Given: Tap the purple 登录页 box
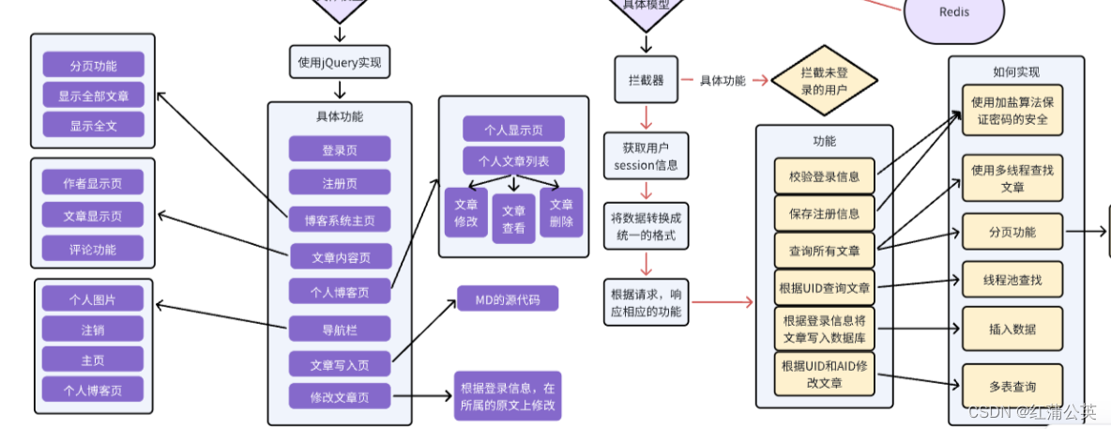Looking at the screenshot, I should (x=339, y=149).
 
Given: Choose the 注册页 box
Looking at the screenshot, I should (x=339, y=182).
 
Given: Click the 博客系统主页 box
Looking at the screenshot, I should (x=339, y=221).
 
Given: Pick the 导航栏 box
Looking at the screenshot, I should (x=339, y=329).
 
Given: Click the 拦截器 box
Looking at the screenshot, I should (x=646, y=80).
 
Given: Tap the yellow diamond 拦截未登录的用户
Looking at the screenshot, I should (x=824, y=80).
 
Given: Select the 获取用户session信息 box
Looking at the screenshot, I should (x=646, y=157).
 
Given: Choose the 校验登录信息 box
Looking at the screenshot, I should (x=824, y=176).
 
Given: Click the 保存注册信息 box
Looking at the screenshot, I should (x=824, y=212).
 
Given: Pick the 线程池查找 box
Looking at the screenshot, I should (x=1012, y=279).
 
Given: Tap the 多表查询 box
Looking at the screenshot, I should (x=1012, y=386).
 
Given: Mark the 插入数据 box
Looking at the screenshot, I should (x=1012, y=329).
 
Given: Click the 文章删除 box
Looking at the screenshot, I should (x=561, y=212).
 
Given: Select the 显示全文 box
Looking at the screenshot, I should (x=93, y=125).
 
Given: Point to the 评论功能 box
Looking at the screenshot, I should (x=93, y=249).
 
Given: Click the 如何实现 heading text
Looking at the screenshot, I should (x=1015, y=71).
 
